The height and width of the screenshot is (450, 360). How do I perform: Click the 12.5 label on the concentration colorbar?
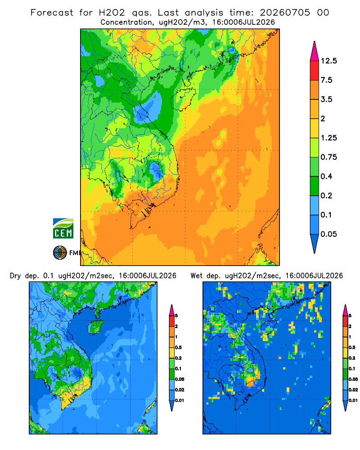(x=328, y=61)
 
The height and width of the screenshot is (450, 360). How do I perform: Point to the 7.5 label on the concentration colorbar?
(x=326, y=80)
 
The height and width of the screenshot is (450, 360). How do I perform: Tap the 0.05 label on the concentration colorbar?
(x=328, y=234)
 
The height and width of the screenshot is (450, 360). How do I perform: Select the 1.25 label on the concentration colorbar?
(x=328, y=138)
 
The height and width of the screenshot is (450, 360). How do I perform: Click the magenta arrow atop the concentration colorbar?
(x=315, y=52)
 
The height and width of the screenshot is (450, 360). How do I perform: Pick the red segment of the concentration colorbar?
(x=315, y=71)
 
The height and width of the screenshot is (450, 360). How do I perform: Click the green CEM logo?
(x=63, y=228)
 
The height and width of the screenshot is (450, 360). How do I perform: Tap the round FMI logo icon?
(x=60, y=252)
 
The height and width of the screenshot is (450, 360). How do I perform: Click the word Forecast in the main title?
(x=52, y=13)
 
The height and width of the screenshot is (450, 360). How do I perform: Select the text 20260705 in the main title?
(x=285, y=13)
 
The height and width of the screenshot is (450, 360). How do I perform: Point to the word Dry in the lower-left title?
(x=15, y=276)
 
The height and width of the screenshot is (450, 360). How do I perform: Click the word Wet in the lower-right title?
(x=196, y=276)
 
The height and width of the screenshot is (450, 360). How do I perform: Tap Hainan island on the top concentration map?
(x=183, y=99)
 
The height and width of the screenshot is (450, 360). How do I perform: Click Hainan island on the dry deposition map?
(x=95, y=327)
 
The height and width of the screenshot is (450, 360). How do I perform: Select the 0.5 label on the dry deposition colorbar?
(x=178, y=347)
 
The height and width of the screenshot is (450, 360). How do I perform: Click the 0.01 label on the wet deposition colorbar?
(x=353, y=400)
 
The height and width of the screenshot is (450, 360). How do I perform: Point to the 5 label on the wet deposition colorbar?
(x=350, y=316)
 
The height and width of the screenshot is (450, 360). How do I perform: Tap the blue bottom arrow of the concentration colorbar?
(x=315, y=243)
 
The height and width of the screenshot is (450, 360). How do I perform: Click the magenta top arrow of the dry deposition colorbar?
(x=172, y=310)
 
